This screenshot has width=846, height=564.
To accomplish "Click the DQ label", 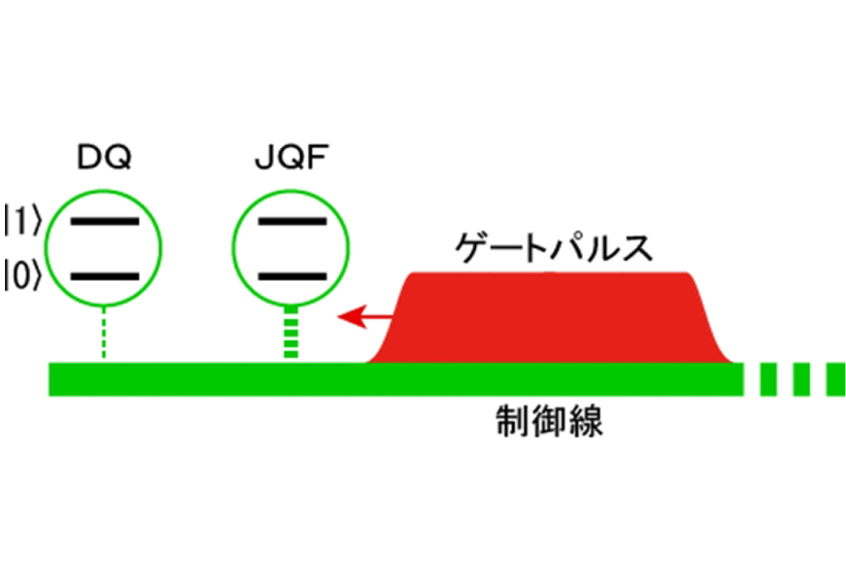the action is [104, 157].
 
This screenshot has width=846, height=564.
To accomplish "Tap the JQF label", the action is [292, 157].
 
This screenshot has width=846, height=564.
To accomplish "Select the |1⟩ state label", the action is [23, 219].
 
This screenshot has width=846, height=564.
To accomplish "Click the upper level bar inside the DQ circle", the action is [105, 221].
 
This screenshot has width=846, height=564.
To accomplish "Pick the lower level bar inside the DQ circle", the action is [105, 276].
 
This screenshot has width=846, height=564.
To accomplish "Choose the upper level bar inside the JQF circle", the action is [292, 221].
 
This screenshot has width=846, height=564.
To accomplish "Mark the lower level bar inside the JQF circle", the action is [292, 276].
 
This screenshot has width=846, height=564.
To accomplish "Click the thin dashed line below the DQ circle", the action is [104, 332].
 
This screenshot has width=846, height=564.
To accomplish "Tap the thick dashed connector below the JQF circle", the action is [291, 332].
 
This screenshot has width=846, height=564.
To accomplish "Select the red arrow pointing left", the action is [365, 316].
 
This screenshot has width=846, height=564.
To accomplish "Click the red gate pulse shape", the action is [550, 317].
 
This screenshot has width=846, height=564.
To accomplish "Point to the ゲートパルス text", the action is [554, 248].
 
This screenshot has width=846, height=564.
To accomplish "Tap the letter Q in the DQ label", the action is [118, 157].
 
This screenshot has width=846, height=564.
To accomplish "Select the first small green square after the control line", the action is [768, 379].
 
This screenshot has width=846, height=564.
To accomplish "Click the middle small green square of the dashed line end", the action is [802, 379].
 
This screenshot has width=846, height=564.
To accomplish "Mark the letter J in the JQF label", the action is [264, 157].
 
